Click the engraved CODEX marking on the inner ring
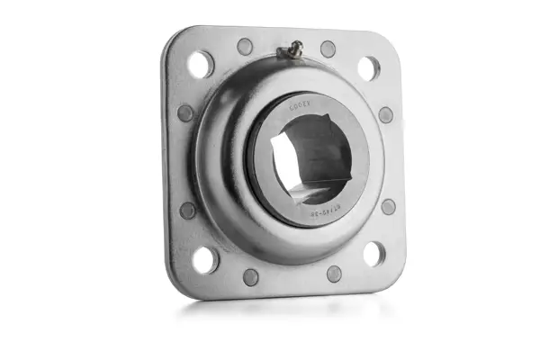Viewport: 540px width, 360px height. click(x=301, y=104)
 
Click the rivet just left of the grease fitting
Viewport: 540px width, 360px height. click(x=245, y=46)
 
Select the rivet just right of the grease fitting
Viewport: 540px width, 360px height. click(x=328, y=49)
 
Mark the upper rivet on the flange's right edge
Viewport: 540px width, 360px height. click(x=385, y=115)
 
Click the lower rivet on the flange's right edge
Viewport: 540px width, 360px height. click(x=388, y=206)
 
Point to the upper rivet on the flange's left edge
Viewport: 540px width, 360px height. click(x=185, y=113)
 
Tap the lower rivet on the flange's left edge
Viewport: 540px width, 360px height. click(x=188, y=210)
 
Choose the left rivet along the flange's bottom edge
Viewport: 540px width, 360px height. click(x=251, y=277)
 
